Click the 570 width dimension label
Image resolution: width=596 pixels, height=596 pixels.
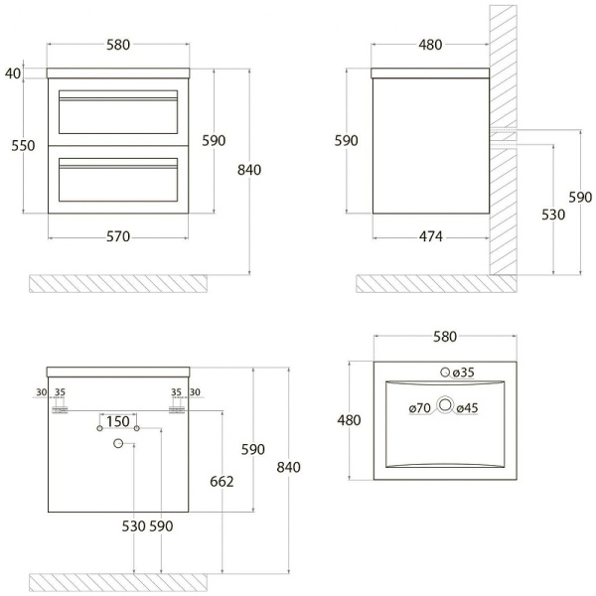pos(118,236)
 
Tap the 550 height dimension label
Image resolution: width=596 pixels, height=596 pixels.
pos(23,146)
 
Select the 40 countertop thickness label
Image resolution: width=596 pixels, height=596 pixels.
pos(13,74)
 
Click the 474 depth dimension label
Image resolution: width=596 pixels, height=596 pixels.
pos(431,236)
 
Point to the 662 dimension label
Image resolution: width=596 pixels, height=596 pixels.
pos(222,482)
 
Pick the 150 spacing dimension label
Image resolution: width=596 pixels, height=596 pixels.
pos(118,421)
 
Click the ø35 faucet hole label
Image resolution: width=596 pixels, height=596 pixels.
pos(463,372)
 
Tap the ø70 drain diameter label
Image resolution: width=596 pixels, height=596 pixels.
pos(419,408)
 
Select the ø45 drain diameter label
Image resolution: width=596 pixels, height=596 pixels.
pos(467,408)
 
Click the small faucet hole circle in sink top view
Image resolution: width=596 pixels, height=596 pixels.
pos(445,372)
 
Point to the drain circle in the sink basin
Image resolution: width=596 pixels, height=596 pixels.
pos(445,405)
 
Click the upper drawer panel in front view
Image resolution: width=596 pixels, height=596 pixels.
pos(118,112)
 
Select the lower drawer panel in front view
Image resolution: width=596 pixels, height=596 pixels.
pos(118,180)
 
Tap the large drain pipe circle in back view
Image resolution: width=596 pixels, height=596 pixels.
pos(118,443)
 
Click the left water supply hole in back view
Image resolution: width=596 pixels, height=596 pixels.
pos(99,428)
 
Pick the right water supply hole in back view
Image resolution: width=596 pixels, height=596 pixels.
pos(137,428)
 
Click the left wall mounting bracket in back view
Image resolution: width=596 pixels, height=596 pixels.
pos(60,409)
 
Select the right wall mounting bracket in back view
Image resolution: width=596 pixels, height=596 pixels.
pos(177,409)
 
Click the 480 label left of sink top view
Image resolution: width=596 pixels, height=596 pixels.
pos(349,420)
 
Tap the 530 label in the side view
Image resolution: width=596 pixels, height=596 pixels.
pos(553,215)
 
